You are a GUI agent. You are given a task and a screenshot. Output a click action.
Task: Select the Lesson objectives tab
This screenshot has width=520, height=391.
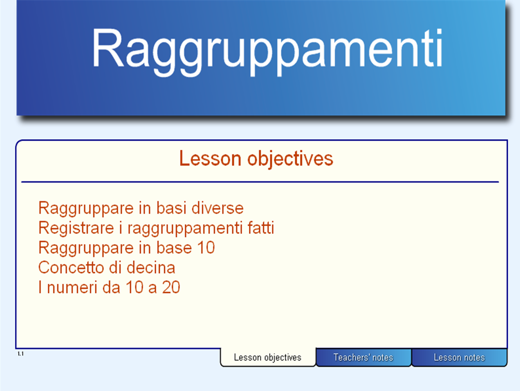pos(268,357)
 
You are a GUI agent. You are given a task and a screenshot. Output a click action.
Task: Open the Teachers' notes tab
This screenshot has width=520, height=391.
pos(363,357)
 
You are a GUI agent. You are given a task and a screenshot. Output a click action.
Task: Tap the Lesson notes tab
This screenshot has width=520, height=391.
pos(459,357)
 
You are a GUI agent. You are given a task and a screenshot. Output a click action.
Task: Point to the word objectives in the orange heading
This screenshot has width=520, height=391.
pos(290,159)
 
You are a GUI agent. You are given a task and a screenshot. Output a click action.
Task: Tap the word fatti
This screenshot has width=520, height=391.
pos(261,228)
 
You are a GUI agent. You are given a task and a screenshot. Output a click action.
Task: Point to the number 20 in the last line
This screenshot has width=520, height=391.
pos(171,287)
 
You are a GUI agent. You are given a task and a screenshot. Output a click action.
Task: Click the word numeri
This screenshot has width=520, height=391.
pos(73,287)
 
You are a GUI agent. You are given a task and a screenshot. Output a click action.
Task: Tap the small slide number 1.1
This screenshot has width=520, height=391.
pos(21,354)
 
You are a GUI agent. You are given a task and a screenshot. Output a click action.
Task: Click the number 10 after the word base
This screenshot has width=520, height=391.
pos(206,248)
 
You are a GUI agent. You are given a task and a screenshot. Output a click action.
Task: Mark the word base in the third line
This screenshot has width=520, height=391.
pos(174,248)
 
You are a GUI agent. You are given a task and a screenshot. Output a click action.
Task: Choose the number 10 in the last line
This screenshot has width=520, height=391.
pos(134,287)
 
